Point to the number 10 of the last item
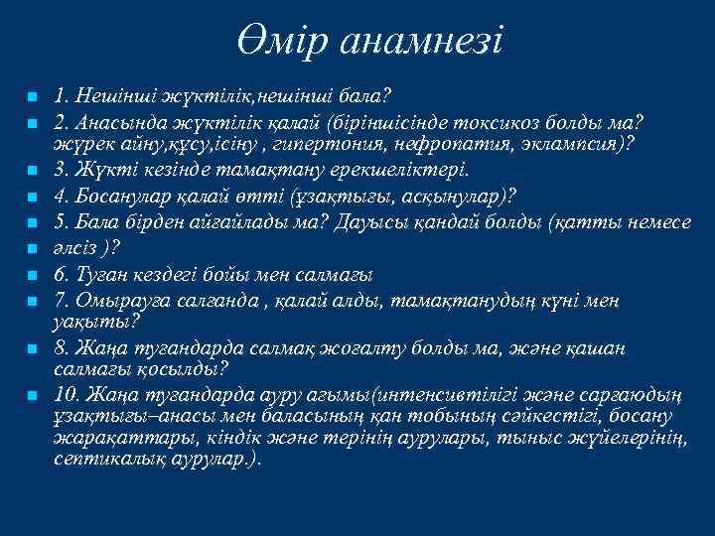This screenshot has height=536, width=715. coord(67,394)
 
